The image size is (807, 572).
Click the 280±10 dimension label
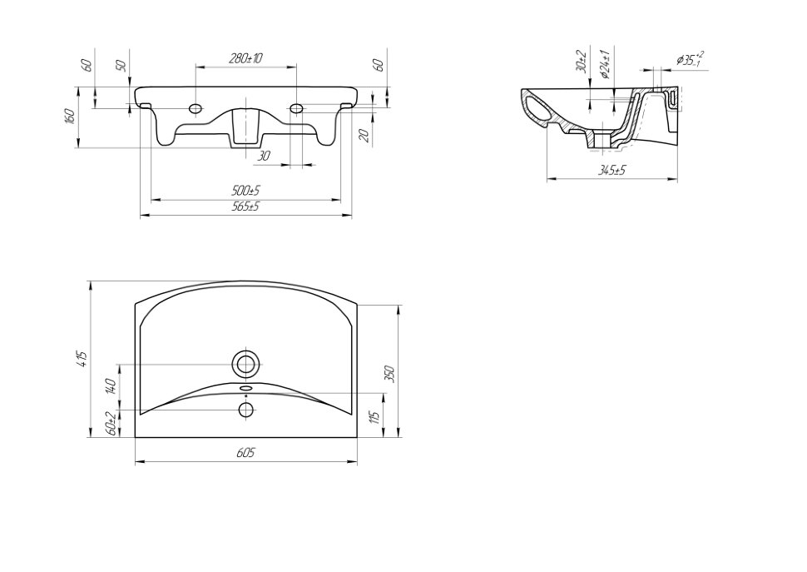pyautogui.click(x=245, y=58)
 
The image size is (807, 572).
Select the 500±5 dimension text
pyautogui.click(x=245, y=191)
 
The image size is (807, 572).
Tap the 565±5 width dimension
pyautogui.click(x=245, y=206)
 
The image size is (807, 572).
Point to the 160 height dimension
pyautogui.click(x=71, y=116)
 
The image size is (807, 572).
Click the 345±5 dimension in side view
pyautogui.click(x=611, y=170)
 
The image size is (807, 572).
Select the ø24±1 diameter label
pyautogui.click(x=606, y=64)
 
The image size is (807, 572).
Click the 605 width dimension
pyautogui.click(x=245, y=453)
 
